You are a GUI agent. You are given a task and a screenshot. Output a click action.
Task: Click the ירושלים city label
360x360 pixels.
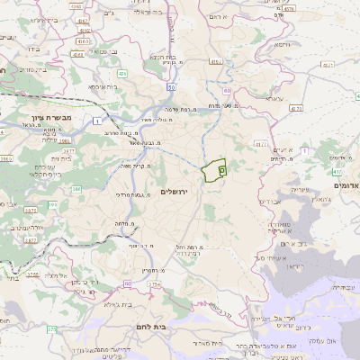(x=176, y=192)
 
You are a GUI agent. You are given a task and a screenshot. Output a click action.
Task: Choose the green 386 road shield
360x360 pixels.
(x=76, y=189)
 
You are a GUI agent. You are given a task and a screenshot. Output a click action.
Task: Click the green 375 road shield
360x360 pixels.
(x=52, y=330)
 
